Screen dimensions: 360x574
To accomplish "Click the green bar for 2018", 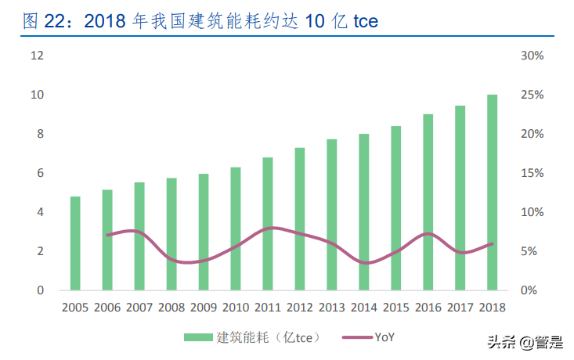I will pos(492,193).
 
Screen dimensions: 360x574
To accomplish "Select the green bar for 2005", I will pos(75,243).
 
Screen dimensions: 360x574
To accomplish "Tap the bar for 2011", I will pos(268,224).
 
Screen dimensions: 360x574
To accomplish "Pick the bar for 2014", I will pos(364,212).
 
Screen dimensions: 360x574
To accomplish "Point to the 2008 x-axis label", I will pos(171,308).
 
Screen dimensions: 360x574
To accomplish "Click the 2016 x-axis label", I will pos(428,308).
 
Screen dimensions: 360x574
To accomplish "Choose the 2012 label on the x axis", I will pos(300,308).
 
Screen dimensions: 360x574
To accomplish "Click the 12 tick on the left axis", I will pos(37,56).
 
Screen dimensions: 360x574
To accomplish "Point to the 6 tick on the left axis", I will pos(40,173).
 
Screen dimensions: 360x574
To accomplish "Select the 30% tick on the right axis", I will pos(532,56).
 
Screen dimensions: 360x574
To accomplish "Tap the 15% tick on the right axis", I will pos(532,173).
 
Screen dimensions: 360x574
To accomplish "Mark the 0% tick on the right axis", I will pos(529,290).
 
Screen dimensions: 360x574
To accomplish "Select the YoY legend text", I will pos(384,337).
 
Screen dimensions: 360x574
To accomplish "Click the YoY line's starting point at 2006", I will pos(107,235).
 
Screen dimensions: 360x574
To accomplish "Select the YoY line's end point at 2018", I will pos(492,243).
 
